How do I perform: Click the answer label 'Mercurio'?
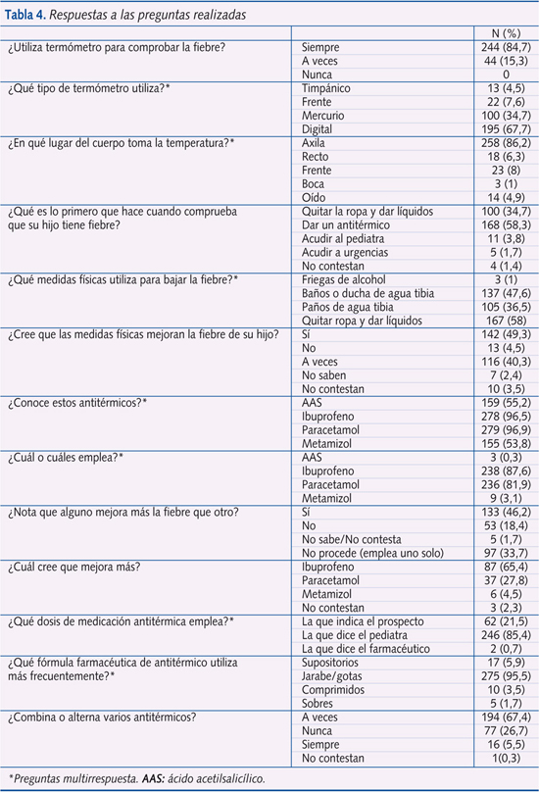pyautogui.click(x=326, y=116)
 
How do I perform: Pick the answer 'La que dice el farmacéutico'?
pyautogui.click(x=368, y=648)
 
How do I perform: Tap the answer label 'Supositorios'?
pyautogui.click(x=334, y=662)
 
